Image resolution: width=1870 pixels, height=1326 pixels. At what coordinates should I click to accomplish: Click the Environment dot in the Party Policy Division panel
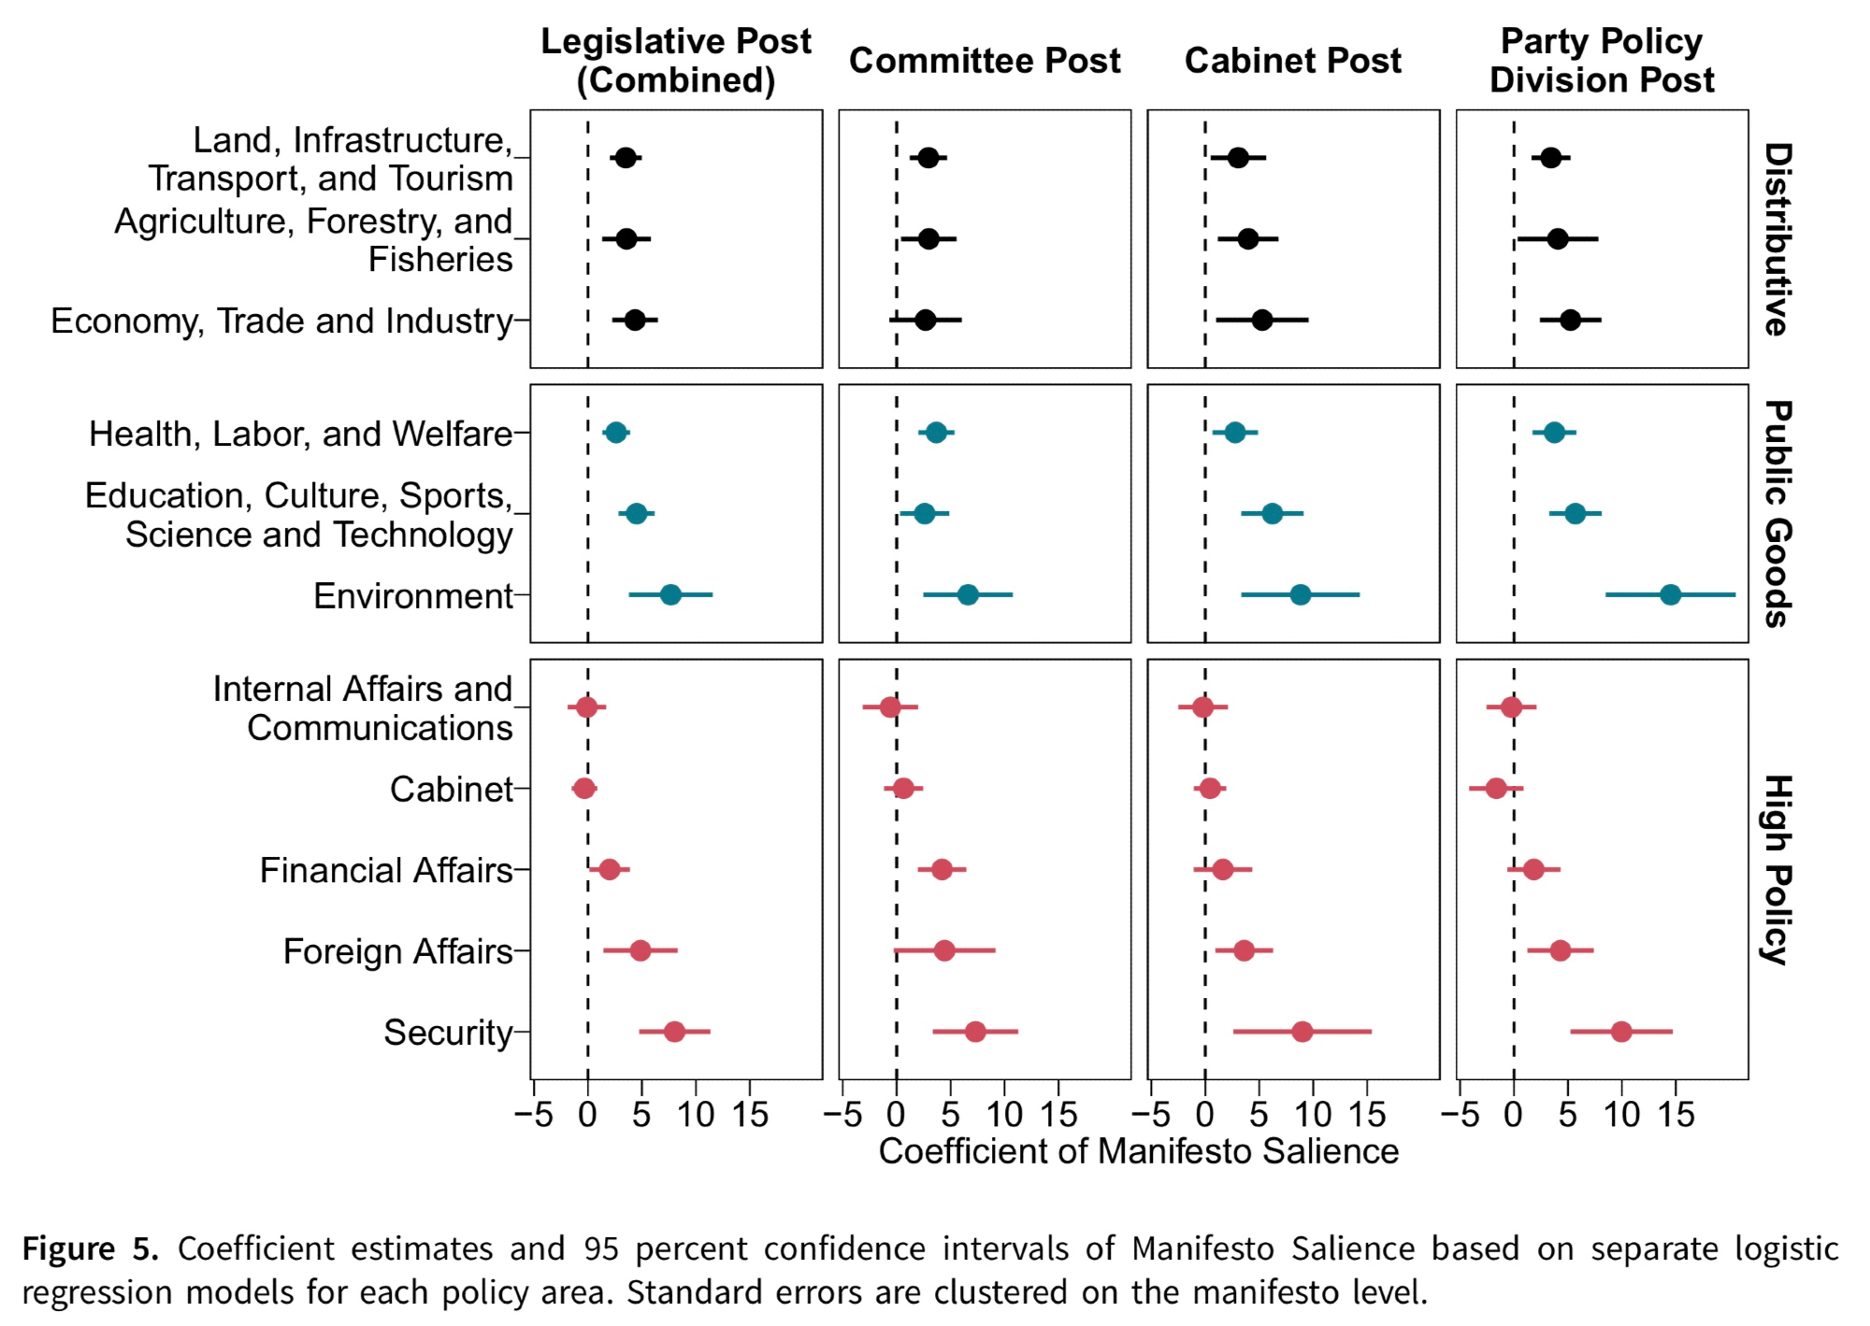click(1670, 594)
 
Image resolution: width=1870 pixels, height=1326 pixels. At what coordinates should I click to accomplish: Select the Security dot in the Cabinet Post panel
click(1302, 1032)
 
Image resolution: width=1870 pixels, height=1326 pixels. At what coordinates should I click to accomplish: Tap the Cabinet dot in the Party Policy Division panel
click(1496, 789)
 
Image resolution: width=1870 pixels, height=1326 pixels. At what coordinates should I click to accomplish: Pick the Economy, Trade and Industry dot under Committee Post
click(925, 321)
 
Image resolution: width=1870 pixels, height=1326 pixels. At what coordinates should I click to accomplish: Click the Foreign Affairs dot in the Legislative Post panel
click(640, 951)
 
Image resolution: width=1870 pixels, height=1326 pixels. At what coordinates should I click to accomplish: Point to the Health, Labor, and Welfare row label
click(300, 434)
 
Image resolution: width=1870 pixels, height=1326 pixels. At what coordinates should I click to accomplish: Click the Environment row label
click(412, 595)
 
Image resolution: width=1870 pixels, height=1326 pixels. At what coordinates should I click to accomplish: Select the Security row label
click(448, 1033)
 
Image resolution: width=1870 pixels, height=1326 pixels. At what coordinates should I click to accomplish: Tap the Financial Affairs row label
click(386, 870)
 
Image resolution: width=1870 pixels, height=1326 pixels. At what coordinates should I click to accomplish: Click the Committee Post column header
click(985, 61)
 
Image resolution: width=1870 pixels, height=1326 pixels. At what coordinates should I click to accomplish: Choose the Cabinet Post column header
click(1292, 61)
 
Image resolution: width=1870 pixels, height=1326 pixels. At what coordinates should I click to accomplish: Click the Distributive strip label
click(1777, 239)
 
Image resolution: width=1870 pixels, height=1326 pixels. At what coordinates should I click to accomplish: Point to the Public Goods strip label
click(1777, 514)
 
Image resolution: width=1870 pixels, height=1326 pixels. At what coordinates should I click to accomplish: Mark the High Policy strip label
click(1777, 869)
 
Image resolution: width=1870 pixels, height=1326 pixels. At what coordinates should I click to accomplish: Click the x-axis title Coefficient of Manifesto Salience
click(1138, 1151)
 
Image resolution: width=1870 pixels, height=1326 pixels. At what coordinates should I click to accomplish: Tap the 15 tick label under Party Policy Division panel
click(1676, 1114)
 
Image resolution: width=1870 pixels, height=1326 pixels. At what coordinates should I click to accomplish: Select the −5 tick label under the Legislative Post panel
click(533, 1114)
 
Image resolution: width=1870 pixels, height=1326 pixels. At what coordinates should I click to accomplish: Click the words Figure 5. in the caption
click(90, 1248)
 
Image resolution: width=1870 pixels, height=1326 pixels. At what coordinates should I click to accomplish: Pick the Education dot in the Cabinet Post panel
click(1272, 514)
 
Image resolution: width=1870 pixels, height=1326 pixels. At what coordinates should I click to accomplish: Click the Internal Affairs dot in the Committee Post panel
click(890, 707)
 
